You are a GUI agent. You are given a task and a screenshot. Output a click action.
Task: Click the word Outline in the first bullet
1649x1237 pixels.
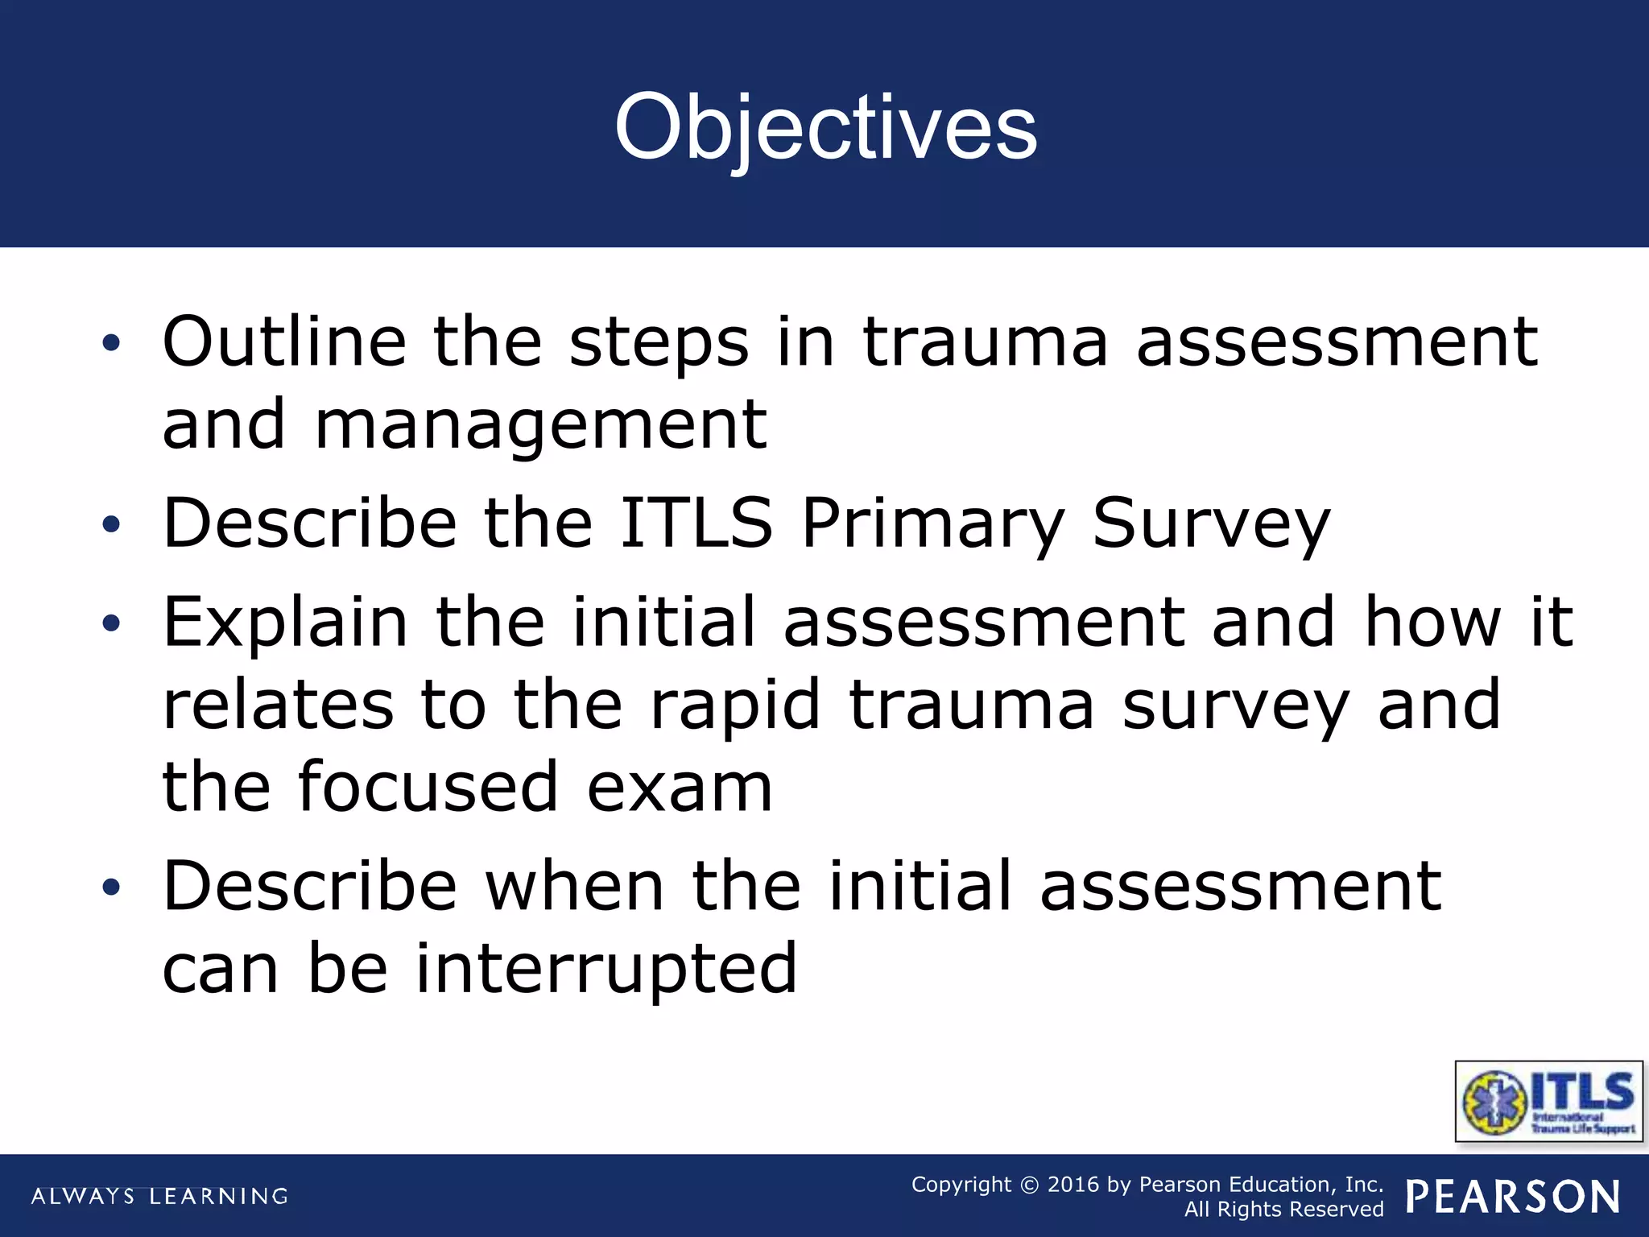(x=284, y=342)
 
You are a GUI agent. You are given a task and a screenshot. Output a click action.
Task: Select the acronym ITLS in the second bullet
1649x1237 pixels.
(x=696, y=523)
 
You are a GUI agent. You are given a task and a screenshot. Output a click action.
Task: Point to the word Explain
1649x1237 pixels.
(x=286, y=623)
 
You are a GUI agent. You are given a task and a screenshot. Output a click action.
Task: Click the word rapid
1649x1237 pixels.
(x=734, y=705)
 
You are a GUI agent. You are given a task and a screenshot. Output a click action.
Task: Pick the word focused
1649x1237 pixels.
(x=428, y=787)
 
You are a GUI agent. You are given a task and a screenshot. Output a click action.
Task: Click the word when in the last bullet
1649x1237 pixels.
(x=574, y=886)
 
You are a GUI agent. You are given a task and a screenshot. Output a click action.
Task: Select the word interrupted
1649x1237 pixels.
(x=605, y=969)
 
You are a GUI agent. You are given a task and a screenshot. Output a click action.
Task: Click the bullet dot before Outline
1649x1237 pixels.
(x=111, y=344)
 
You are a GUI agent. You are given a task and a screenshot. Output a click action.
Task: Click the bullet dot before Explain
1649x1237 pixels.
(x=111, y=623)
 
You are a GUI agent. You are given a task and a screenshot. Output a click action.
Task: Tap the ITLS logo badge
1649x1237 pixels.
(x=1548, y=1102)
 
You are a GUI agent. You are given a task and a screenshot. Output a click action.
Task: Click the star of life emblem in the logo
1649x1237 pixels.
(x=1494, y=1103)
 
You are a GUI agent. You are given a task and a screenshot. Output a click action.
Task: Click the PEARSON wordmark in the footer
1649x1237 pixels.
(x=1513, y=1197)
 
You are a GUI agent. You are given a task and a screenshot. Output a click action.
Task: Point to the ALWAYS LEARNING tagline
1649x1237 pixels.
(x=159, y=1197)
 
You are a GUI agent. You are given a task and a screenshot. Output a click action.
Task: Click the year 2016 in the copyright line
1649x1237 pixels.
(x=1072, y=1185)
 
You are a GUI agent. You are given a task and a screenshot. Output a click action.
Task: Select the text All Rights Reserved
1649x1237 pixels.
(x=1283, y=1210)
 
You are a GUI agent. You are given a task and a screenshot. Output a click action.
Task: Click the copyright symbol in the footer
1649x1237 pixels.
(x=1029, y=1185)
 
